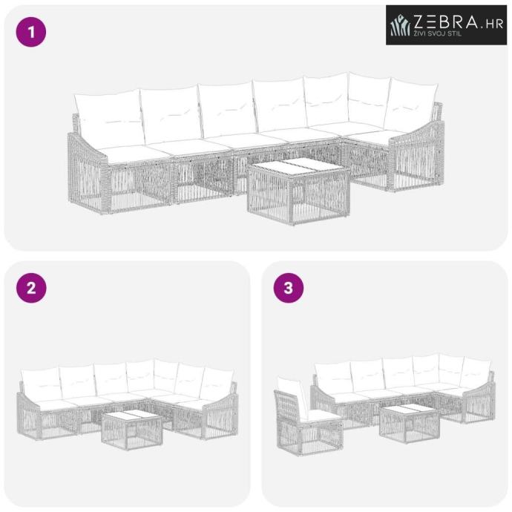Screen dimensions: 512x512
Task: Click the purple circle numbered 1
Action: (31, 32)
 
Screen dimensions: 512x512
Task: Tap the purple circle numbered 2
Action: (31, 288)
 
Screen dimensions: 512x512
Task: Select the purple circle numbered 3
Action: (289, 288)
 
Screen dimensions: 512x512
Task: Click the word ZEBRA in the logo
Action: (445, 22)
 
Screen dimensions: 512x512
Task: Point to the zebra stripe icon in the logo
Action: (401, 25)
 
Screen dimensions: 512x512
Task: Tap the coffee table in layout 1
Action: (298, 191)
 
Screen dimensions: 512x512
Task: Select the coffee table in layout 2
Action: (132, 430)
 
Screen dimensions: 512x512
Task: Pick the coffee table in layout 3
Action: (410, 424)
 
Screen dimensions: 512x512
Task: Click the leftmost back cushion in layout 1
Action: (109, 119)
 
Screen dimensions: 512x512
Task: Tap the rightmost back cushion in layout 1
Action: (411, 105)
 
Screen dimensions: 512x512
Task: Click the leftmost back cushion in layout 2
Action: (41, 385)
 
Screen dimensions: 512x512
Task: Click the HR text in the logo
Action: (493, 24)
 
